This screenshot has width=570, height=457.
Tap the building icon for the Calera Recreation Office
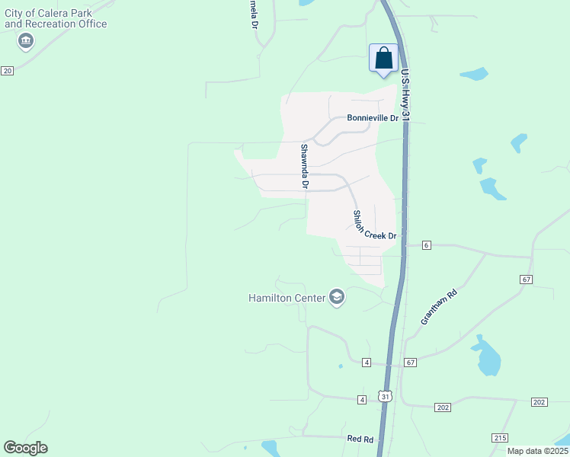coord(27,40)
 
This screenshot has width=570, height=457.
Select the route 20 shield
coord(7,70)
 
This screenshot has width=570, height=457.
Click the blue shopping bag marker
coord(383,59)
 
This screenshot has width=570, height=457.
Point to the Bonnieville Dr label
coord(373,118)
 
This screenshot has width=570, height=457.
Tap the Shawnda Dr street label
coord(304,166)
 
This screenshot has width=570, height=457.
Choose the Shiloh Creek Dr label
coord(374,225)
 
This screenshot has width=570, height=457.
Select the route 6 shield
coord(426,244)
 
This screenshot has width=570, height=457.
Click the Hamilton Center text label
coord(286,298)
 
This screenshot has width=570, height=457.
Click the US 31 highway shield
coord(386,397)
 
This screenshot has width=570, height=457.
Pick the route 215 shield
coord(500,437)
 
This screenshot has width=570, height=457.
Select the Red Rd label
coord(360,439)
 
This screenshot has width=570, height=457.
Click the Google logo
coord(25,448)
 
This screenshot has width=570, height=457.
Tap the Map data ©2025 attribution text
coord(536,451)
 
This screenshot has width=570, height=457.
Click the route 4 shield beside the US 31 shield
coord(362,399)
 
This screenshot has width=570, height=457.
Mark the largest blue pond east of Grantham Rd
coord(486,357)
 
